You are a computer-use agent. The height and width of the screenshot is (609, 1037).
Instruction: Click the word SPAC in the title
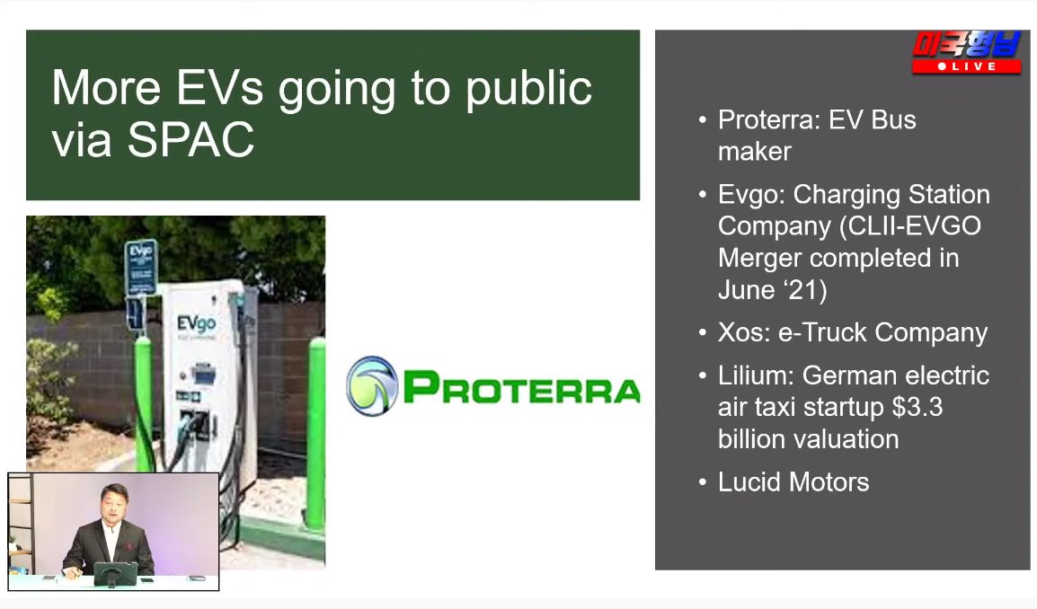click(191, 139)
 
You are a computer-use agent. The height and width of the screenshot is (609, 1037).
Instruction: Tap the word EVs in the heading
click(219, 87)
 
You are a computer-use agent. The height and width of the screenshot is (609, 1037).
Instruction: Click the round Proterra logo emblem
click(372, 386)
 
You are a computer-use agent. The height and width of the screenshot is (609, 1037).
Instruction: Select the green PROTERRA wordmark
click(522, 387)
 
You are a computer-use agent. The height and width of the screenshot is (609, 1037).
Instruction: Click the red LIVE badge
click(967, 66)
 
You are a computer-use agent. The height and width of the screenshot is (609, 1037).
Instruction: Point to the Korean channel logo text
click(967, 44)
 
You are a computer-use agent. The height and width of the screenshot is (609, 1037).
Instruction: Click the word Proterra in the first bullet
click(768, 119)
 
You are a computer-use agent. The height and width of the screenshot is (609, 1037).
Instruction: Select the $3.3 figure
click(917, 407)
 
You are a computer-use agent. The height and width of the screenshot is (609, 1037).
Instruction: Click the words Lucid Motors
click(793, 482)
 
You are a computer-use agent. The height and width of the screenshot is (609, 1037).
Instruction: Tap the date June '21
click(773, 289)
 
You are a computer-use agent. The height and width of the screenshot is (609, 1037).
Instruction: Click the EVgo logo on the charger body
click(197, 324)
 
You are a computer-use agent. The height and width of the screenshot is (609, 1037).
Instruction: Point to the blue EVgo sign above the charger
click(141, 267)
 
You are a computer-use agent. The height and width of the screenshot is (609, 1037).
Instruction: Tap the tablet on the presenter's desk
click(116, 573)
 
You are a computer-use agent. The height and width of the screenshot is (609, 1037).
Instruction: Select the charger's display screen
click(203, 375)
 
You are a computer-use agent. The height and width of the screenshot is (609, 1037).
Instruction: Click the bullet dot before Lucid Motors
click(703, 482)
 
